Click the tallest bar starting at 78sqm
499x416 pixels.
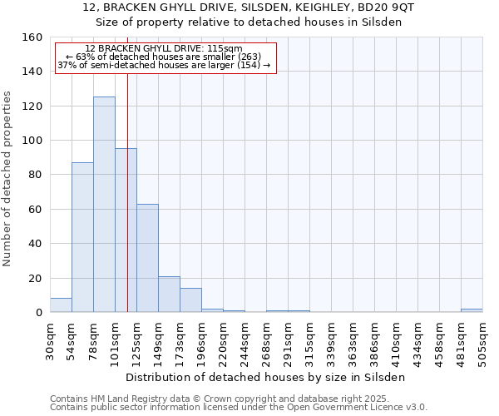104,205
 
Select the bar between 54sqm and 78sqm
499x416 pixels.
82,237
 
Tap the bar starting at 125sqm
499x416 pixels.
147,258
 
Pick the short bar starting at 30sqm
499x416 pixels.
61,305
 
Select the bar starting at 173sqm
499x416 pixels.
190,300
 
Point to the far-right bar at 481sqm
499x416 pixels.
472,310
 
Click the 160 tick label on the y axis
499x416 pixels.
32,37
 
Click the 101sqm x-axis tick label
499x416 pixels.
115,339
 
